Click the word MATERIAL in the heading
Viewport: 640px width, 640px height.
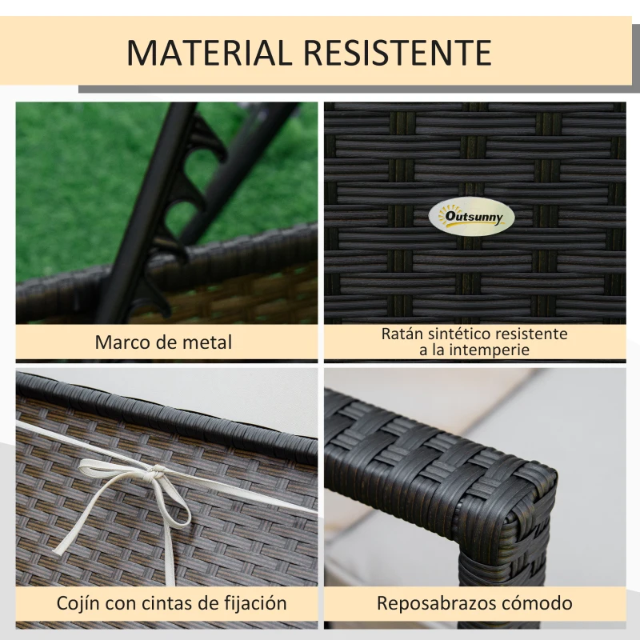tap(209, 53)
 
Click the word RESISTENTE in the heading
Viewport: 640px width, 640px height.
tap(398, 53)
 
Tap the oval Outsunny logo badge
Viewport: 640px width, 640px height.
tap(471, 217)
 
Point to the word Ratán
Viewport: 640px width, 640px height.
tap(402, 334)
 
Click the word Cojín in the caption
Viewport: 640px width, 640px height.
tap(78, 603)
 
